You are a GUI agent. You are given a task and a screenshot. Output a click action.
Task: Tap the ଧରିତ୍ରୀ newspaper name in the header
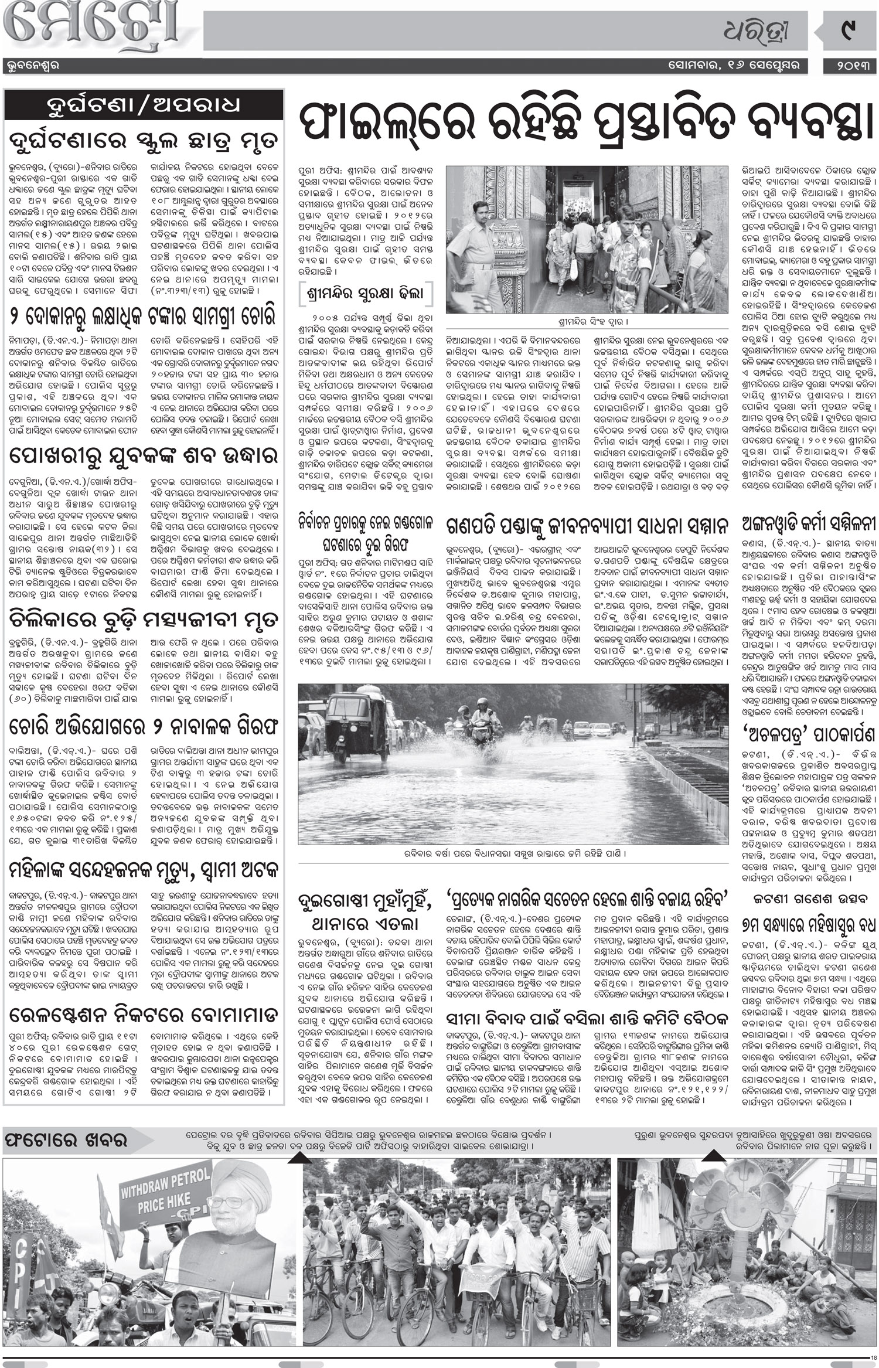pos(774,29)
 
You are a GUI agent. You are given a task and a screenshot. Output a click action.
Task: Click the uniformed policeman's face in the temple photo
pos(486,209)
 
